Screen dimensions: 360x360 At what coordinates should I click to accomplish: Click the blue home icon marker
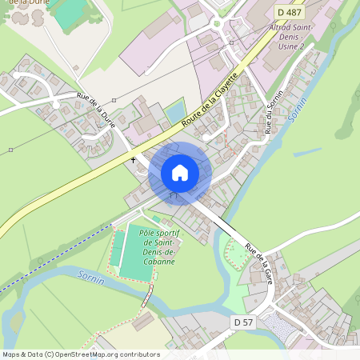point(180,173)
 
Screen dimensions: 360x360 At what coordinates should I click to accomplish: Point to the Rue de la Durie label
point(96,111)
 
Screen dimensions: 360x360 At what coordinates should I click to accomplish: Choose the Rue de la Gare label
point(261,265)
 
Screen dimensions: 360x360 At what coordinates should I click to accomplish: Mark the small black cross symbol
point(134,160)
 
